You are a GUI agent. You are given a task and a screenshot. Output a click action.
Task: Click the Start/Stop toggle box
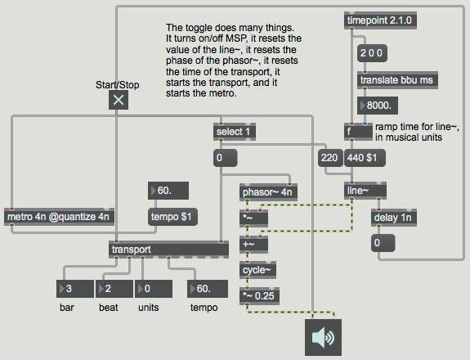coord(119,100)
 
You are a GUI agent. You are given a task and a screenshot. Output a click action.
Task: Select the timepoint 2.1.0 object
coord(380,20)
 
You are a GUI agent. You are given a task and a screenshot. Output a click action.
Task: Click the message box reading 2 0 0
coord(372,53)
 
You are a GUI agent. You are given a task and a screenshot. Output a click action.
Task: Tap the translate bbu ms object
coord(397,80)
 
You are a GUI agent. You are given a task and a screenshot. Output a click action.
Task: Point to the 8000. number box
coord(378,106)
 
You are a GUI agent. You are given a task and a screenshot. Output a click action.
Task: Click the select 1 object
coord(235,132)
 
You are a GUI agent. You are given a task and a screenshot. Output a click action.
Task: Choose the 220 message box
coord(330,158)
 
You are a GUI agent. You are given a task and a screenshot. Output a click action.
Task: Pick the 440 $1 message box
coord(365,158)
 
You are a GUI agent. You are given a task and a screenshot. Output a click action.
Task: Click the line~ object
coord(365,191)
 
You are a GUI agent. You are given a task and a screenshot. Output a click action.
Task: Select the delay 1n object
coord(394,218)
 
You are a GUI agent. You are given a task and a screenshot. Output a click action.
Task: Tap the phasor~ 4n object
coord(268,192)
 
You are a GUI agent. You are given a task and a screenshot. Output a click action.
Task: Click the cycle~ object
coord(257,270)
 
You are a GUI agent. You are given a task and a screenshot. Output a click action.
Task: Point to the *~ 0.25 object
coord(259,296)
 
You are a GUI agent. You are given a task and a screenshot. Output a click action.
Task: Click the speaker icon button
coord(323,337)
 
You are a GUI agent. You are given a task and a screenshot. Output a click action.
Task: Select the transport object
coord(168,250)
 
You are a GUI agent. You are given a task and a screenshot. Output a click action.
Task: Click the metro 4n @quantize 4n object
coord(59,217)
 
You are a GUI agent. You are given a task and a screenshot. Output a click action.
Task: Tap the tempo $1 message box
coord(172,217)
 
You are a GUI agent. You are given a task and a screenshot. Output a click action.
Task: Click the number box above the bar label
coord(75,289)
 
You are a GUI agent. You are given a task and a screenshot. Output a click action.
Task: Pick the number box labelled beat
coord(114,289)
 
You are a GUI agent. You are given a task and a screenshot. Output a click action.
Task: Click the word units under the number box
coord(149,308)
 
